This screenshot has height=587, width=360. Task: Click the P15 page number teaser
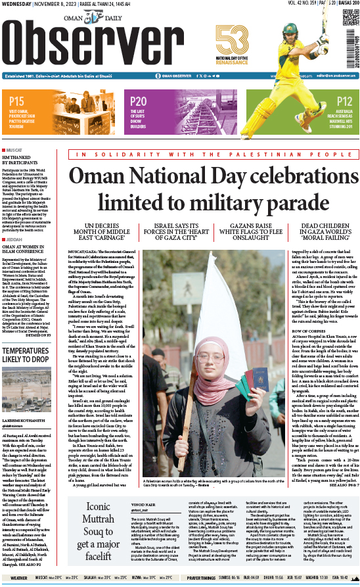[x=17, y=101]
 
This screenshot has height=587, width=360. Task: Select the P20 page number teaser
[x=139, y=101]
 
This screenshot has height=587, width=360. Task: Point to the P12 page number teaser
[x=345, y=101]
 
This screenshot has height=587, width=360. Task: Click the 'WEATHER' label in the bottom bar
[x=18, y=578]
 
